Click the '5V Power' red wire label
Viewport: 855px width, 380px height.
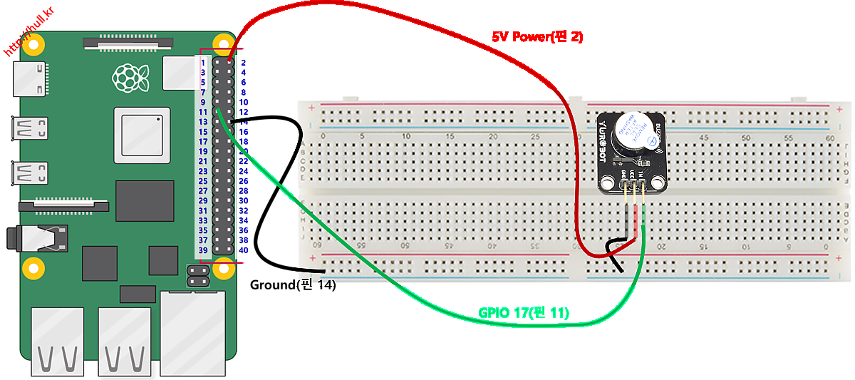537,37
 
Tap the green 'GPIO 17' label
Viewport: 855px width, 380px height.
524,312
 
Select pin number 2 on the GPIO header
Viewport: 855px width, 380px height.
243,63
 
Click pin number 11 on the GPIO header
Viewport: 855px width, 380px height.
203,112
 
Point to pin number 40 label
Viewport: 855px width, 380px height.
243,250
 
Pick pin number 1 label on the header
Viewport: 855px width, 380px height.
203,63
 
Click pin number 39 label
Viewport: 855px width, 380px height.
203,250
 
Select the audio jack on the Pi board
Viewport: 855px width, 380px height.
36,237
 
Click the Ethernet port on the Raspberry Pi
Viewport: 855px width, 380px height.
191,334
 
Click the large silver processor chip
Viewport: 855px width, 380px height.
142,135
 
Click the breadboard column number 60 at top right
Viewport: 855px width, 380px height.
829,137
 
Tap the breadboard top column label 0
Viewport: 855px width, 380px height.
323,137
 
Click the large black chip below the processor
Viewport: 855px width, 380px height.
145,200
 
